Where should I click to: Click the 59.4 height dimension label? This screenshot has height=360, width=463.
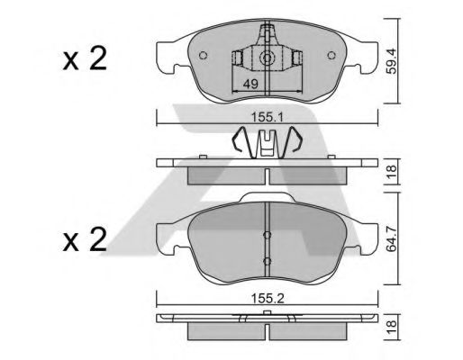point(391,61)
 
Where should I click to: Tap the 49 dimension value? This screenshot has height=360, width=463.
point(250,85)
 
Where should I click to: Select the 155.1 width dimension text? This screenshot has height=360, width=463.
point(268,117)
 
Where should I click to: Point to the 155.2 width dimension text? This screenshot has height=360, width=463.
point(268,299)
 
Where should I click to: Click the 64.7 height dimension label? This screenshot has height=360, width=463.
point(391,239)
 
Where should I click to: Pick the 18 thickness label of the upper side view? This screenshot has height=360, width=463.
point(391,172)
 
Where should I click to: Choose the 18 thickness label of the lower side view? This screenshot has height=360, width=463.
point(391,328)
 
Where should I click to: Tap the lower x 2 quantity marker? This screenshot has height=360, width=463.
point(85,239)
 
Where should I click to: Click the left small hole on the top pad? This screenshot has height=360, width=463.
point(203,56)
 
